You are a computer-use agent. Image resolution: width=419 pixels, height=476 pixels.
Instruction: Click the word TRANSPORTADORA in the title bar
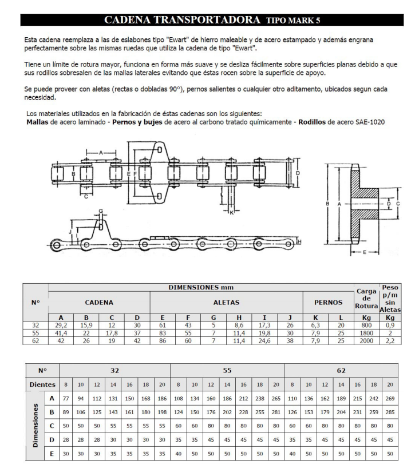click(x=207, y=20)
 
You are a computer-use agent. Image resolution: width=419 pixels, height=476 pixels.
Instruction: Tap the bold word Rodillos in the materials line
click(x=312, y=122)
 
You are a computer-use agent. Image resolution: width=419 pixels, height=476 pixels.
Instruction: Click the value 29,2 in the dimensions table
click(x=61, y=325)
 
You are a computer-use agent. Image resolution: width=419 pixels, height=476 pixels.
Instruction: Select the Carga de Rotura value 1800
click(x=366, y=333)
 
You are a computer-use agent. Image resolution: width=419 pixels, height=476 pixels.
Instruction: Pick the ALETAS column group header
click(x=226, y=302)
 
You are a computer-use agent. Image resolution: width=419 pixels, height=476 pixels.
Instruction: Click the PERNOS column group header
click(x=328, y=302)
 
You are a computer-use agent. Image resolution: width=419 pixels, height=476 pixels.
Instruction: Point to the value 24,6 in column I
click(x=264, y=340)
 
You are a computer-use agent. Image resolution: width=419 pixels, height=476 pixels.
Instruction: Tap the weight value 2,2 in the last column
click(x=390, y=340)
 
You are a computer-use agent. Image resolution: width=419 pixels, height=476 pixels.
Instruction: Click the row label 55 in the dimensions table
click(x=35, y=333)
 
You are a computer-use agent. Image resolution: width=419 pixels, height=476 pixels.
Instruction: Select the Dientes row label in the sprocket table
click(x=42, y=384)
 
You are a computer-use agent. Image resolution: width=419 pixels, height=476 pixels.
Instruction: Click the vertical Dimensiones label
click(x=35, y=425)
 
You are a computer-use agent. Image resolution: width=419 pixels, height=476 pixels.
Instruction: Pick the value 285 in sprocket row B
click(x=390, y=412)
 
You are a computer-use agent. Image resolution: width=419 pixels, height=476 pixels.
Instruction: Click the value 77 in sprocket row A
click(x=66, y=399)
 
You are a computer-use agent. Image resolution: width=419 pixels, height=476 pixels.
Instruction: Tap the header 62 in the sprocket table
click(x=341, y=371)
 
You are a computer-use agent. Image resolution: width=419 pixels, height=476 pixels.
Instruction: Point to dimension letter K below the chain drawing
click(x=231, y=213)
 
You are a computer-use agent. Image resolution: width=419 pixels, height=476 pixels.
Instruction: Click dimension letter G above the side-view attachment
click(x=101, y=211)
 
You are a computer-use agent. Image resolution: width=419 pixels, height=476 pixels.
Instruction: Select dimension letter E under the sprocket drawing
click(x=365, y=252)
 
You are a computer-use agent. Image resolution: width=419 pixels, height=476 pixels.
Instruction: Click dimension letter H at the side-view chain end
click(x=299, y=242)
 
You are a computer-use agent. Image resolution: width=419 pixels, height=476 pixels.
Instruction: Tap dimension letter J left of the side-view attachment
click(x=70, y=232)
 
